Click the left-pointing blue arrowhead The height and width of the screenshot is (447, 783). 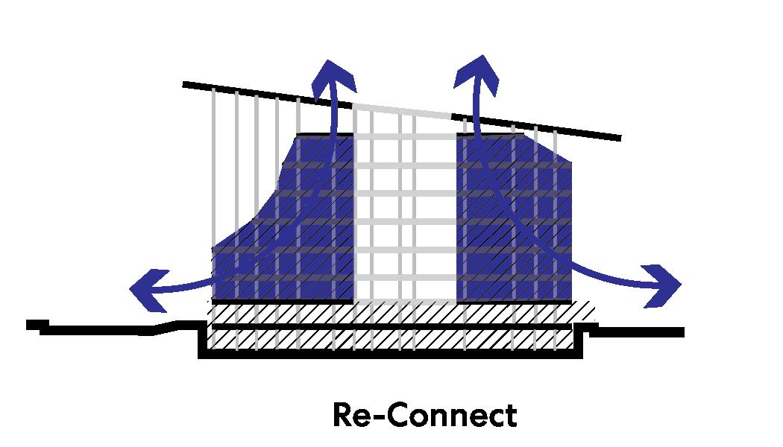143,288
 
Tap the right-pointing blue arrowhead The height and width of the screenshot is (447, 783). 665,285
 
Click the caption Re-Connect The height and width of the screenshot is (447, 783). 424,415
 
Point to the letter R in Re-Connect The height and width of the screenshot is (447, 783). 343,415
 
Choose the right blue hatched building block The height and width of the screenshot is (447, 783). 515,223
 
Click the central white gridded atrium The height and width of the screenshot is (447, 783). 404,223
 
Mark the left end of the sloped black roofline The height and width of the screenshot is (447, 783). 185,84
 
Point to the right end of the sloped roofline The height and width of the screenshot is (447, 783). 619,138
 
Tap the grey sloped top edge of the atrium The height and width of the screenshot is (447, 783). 403,110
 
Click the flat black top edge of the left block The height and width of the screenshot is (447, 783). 325,135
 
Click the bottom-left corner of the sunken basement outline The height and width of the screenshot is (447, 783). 201,355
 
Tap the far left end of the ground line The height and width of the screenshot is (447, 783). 28,324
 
